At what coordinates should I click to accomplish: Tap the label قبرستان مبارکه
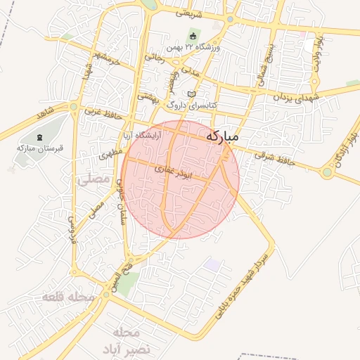pos(41,148)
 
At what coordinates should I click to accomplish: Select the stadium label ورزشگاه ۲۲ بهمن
pos(193,47)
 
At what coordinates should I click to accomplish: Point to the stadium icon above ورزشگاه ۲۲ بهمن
pos(193,35)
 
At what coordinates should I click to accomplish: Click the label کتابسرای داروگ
pos(192,105)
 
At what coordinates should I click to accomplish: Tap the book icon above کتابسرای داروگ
pos(192,94)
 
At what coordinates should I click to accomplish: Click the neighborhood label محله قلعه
pos(68,297)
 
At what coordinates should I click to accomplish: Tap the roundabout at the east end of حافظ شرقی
pos(327,172)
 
